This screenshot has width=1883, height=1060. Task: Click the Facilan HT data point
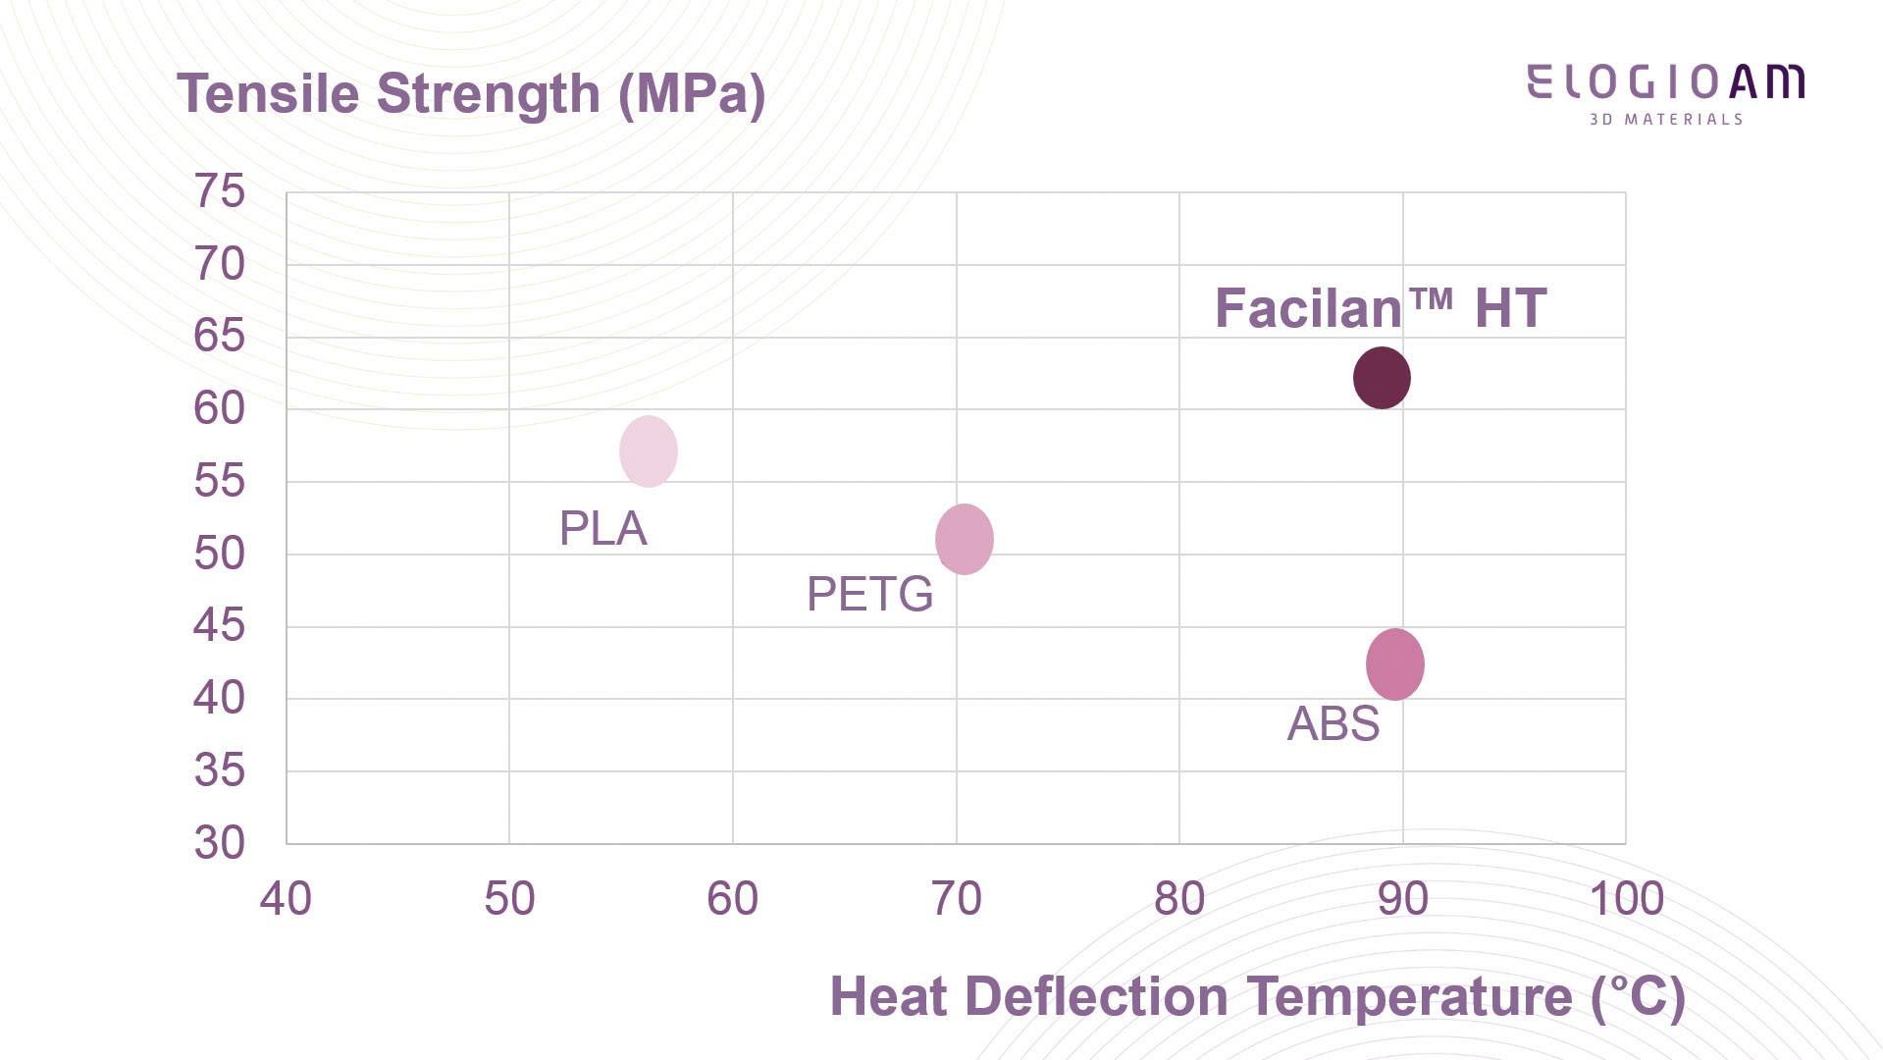pyautogui.click(x=1382, y=378)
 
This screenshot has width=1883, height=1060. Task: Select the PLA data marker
pyautogui.click(x=649, y=451)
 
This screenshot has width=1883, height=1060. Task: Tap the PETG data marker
pyautogui.click(x=965, y=539)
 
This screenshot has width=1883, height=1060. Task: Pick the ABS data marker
pyautogui.click(x=1394, y=664)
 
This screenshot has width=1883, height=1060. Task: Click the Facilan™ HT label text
pyautogui.click(x=1381, y=308)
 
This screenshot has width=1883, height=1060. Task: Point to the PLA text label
pyautogui.click(x=602, y=529)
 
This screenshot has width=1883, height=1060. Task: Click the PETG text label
pyautogui.click(x=869, y=594)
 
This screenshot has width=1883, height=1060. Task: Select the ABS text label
pyautogui.click(x=1333, y=724)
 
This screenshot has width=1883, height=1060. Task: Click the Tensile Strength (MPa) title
pyautogui.click(x=471, y=94)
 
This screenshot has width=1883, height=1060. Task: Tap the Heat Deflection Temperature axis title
pyautogui.click(x=1257, y=996)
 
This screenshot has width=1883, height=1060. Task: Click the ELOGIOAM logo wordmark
pyautogui.click(x=1665, y=82)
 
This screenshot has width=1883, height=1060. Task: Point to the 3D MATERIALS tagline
pyautogui.click(x=1666, y=120)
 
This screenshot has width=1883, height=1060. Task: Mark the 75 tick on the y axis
pyautogui.click(x=220, y=190)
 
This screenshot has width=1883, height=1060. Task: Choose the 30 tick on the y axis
pyautogui.click(x=220, y=843)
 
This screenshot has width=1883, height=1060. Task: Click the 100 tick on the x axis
pyautogui.click(x=1626, y=899)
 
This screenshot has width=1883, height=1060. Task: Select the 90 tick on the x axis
pyautogui.click(x=1402, y=899)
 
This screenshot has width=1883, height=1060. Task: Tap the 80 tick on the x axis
pyautogui.click(x=1179, y=899)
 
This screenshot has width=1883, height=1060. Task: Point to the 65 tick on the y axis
pyautogui.click(x=220, y=336)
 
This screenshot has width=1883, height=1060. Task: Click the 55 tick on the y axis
pyautogui.click(x=220, y=481)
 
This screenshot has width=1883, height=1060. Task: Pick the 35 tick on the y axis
pyautogui.click(x=220, y=770)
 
